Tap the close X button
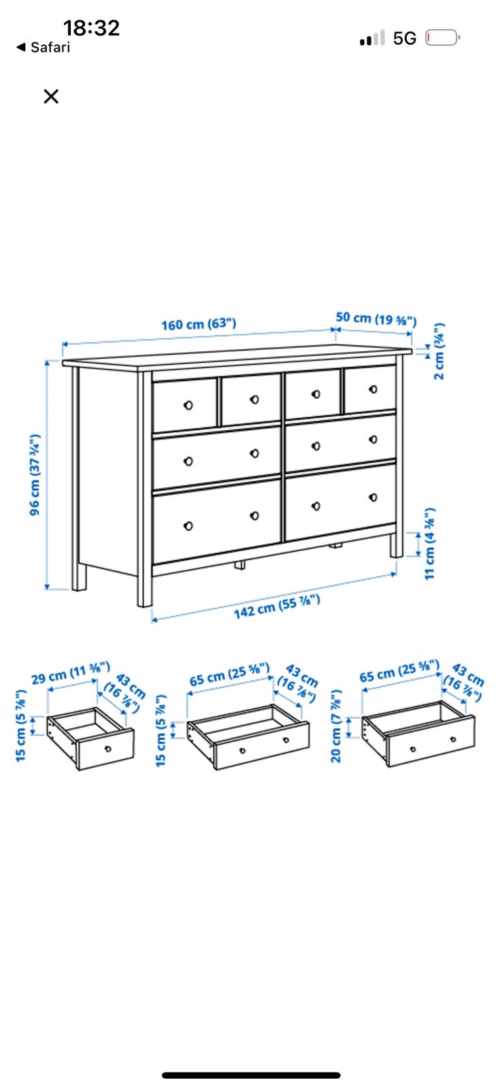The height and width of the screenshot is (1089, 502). tap(51, 96)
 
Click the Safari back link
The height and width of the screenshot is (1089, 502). tap(44, 47)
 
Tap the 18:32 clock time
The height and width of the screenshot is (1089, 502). tap(91, 28)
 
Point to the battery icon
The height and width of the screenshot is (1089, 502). tap(443, 38)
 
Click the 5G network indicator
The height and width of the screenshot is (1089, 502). tap(404, 38)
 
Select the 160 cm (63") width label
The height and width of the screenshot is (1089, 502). tap(199, 324)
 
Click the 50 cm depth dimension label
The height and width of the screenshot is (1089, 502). tap(376, 319)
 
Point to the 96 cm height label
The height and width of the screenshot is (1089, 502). tap(35, 474)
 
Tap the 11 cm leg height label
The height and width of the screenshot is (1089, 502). tap(430, 544)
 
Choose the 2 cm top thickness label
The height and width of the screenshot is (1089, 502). tap(439, 351)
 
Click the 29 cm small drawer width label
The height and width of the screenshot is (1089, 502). tap(71, 673)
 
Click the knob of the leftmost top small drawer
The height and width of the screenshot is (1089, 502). tap(188, 405)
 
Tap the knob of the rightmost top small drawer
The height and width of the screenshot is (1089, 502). tap(373, 389)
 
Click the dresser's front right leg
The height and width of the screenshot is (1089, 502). tap(397, 545)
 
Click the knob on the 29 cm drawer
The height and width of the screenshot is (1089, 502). tap(108, 749)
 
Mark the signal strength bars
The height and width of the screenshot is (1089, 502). tap(372, 38)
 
